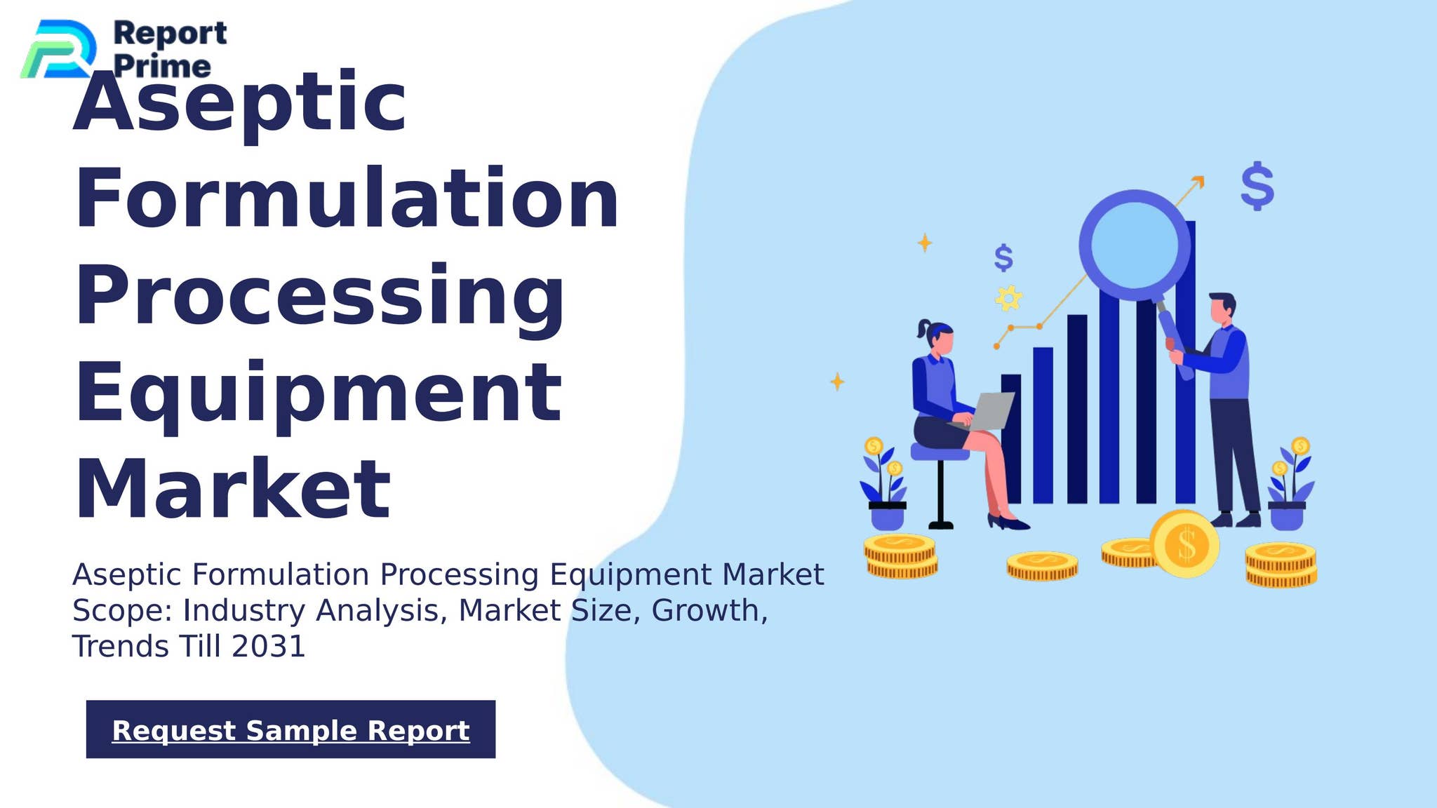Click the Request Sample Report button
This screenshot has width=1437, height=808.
point(290,729)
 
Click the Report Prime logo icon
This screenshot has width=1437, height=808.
point(59,49)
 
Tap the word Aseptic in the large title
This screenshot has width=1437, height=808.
point(239,103)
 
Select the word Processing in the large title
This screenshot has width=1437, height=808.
point(319,296)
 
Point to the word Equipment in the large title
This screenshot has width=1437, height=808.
point(318,394)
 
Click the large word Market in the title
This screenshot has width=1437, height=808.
point(232,489)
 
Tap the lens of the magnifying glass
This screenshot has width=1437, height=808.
point(1134,244)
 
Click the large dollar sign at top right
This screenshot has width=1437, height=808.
point(1257,186)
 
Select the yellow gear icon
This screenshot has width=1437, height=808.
point(1008,299)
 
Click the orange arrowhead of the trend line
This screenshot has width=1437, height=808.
point(1198,182)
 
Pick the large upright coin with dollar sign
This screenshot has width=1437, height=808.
point(1185,544)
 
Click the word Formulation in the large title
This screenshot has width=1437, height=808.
point(347,199)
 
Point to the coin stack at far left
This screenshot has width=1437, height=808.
point(900,557)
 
